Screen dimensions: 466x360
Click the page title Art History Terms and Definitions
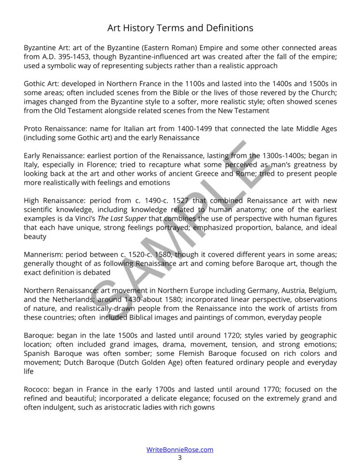click(180, 28)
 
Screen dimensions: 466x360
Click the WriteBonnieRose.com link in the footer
click(180, 450)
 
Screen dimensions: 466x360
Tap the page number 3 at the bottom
click(180, 458)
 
